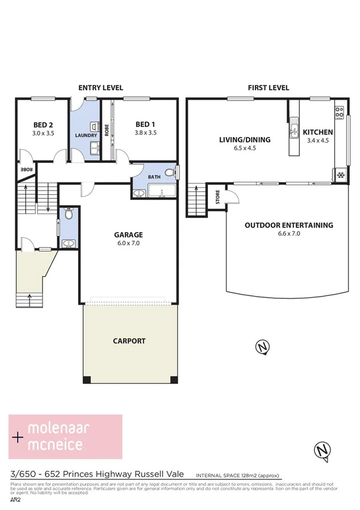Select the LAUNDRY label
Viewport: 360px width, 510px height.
click(86, 135)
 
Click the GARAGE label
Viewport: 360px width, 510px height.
click(129, 235)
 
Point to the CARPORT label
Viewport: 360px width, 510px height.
click(129, 340)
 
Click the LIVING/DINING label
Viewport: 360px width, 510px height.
click(244, 140)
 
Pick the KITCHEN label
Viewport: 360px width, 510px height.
click(318, 132)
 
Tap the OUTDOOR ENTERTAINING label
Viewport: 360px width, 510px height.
click(288, 225)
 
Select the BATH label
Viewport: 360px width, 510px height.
click(154, 177)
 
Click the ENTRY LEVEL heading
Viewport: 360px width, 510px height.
click(97, 88)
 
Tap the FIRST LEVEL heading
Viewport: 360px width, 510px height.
click(269, 88)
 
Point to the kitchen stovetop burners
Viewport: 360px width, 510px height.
click(340, 112)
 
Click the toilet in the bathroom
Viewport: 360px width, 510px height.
click(169, 173)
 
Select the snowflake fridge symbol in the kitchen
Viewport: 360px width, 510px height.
click(340, 176)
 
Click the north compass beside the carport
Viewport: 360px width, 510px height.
click(261, 346)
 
